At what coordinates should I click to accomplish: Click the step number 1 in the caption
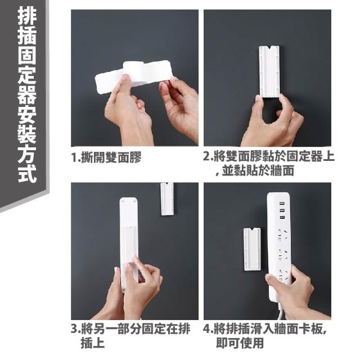(x=74, y=157)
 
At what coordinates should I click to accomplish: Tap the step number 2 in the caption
(x=206, y=157)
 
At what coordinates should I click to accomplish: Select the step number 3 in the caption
(x=74, y=328)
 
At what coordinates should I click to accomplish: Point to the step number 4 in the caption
(x=206, y=328)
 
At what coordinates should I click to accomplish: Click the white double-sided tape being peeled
(x=133, y=74)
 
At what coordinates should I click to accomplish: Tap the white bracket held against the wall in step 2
(x=269, y=71)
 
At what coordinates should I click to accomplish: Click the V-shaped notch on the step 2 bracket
(x=269, y=48)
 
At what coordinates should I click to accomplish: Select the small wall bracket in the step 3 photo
(x=167, y=199)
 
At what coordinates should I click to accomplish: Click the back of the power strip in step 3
(x=129, y=244)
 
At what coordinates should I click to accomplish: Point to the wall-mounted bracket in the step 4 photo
(x=252, y=250)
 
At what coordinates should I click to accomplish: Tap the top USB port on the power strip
(x=282, y=204)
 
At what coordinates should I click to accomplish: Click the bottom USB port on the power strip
(x=282, y=217)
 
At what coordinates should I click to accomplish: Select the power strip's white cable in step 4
(x=281, y=312)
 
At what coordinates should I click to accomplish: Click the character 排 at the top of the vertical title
(x=27, y=16)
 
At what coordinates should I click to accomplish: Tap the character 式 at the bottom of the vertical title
(x=27, y=173)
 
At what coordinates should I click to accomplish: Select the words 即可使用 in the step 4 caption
(x=240, y=343)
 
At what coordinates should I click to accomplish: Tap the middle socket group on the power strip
(x=282, y=254)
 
